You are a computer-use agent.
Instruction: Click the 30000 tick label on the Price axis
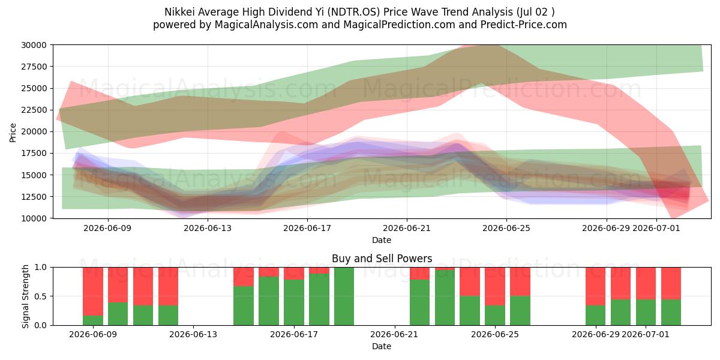tap(34, 45)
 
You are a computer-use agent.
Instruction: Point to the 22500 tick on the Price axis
tap(34, 110)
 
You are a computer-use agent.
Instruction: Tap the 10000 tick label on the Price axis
tap(34, 218)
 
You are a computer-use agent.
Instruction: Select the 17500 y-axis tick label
tap(34, 154)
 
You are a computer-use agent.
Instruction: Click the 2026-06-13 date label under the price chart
tap(208, 228)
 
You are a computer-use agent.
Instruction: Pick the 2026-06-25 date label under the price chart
tap(506, 228)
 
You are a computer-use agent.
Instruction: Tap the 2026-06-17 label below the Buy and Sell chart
tap(294, 335)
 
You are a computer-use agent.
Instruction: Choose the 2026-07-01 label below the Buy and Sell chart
tap(646, 335)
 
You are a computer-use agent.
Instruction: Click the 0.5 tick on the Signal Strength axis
tap(41, 296)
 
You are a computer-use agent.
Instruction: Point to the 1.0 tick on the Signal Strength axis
tap(41, 268)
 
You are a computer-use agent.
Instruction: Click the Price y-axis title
tap(13, 133)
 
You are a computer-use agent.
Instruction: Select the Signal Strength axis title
tap(25, 296)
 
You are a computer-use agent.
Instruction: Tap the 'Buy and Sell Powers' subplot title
tap(382, 259)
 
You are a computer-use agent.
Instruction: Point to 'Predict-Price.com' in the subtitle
tap(524, 25)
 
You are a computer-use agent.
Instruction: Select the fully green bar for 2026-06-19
tap(344, 296)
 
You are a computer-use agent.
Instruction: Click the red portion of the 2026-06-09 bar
tap(93, 292)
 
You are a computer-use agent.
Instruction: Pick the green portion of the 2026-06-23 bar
tap(445, 298)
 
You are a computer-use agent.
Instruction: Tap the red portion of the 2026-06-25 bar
tap(520, 281)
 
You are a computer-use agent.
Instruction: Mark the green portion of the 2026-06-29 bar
tap(595, 316)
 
